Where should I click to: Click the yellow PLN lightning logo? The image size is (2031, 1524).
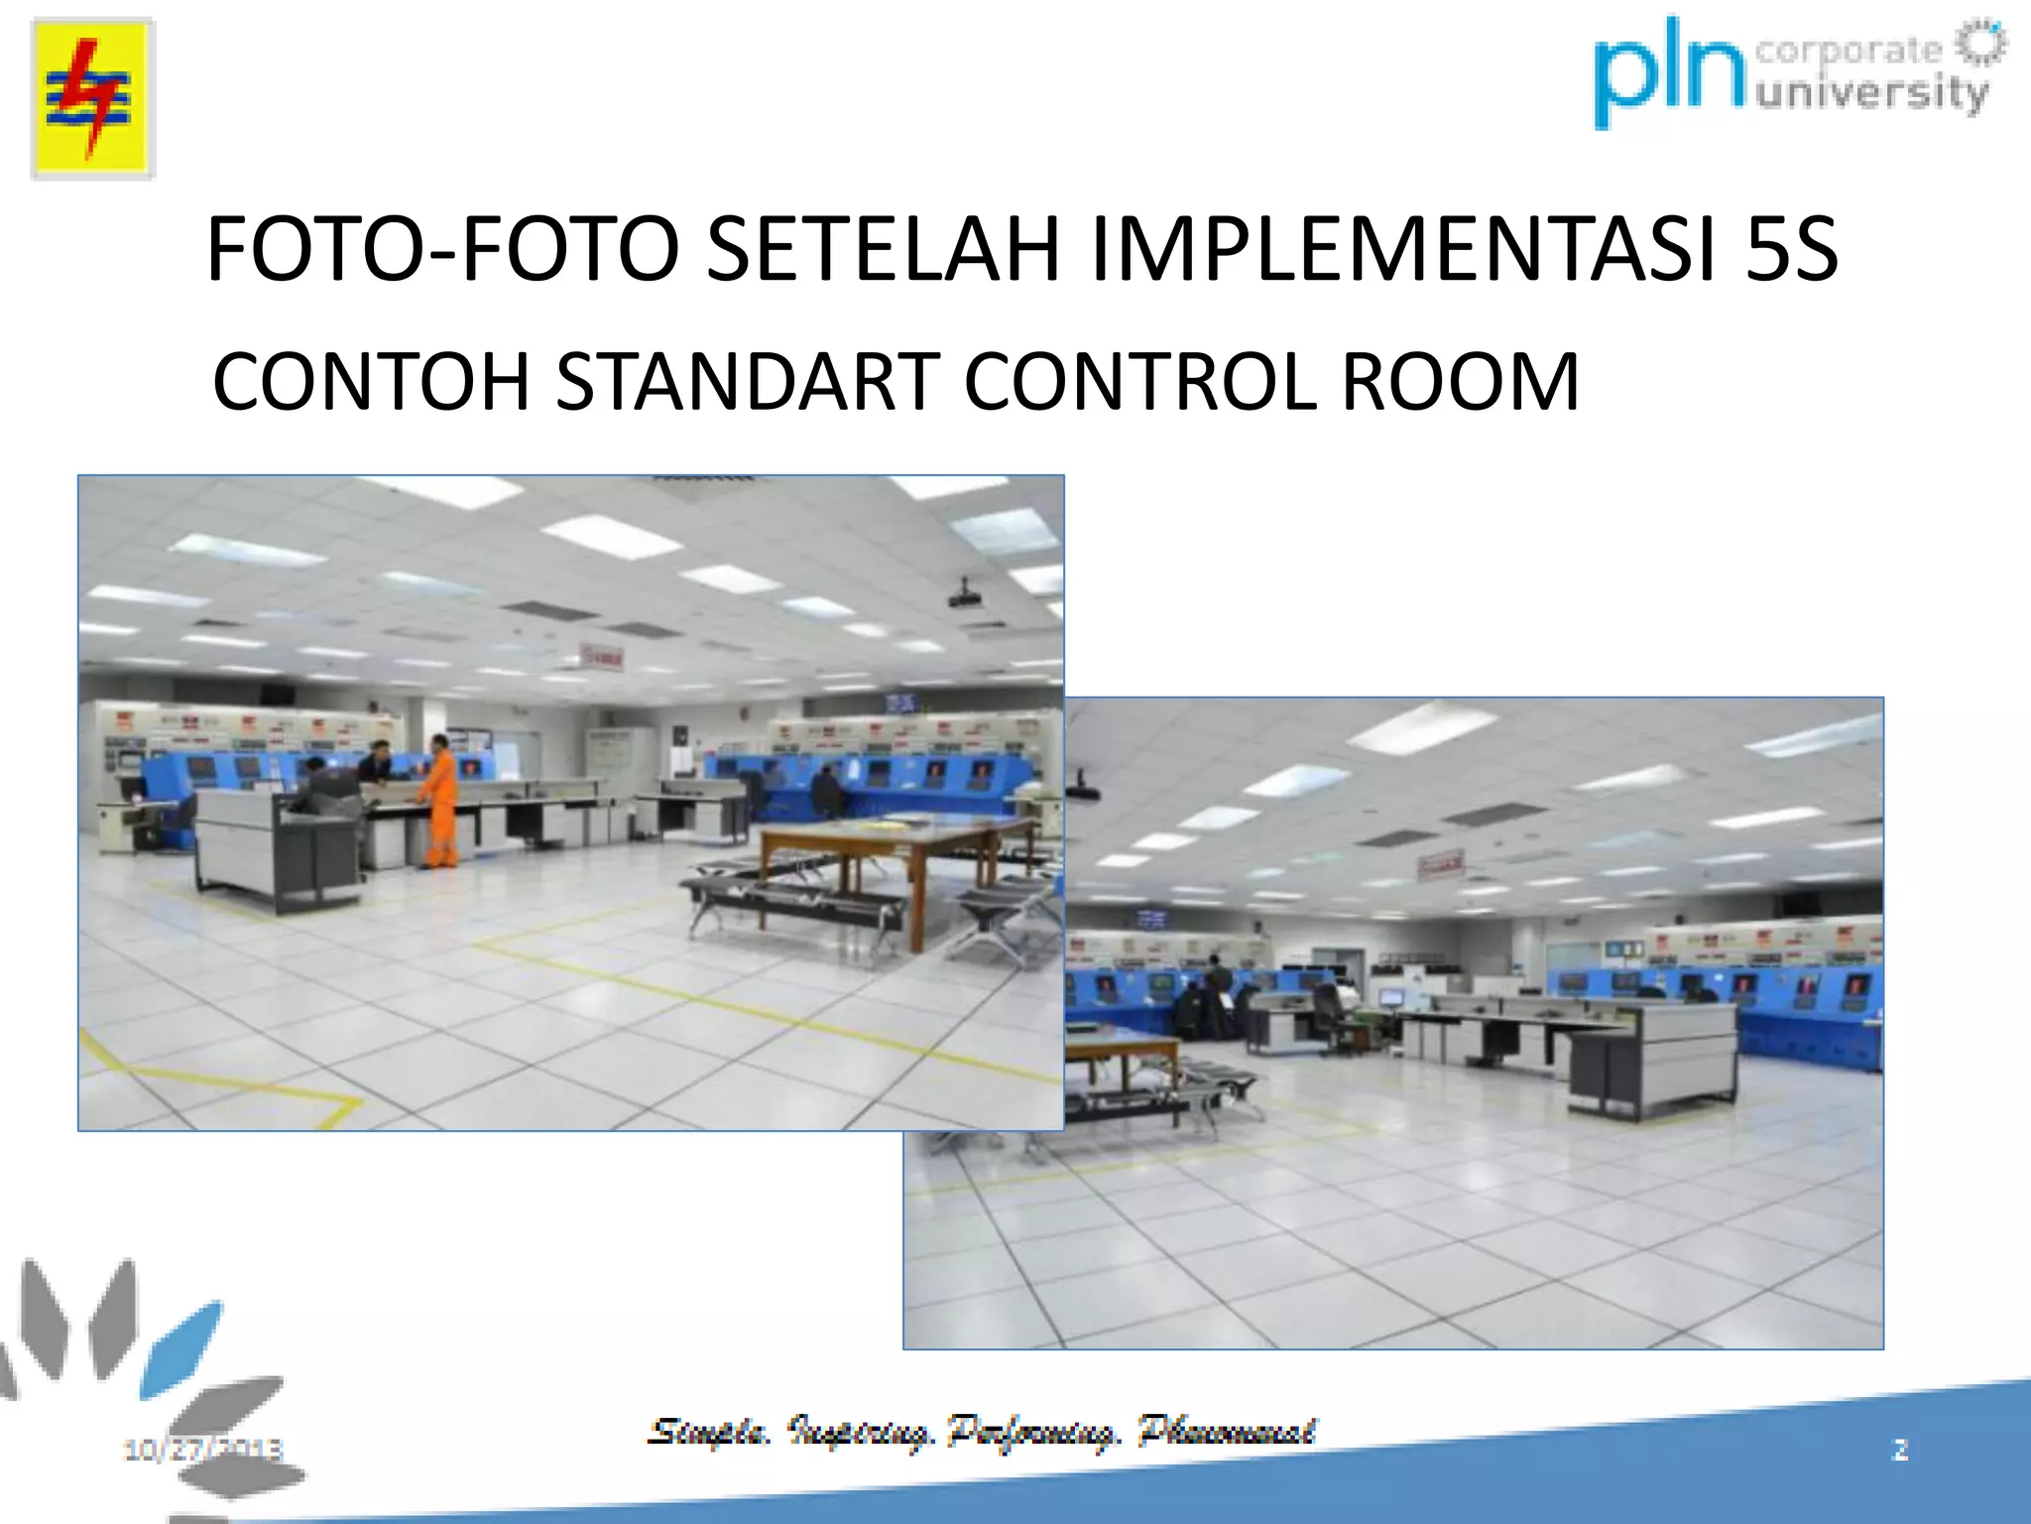(x=92, y=98)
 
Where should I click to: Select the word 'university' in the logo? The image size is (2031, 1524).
(x=1872, y=94)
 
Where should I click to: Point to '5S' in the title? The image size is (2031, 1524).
(x=1791, y=250)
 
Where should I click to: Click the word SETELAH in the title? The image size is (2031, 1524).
(x=883, y=250)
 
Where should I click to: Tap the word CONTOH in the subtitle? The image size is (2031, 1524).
(x=371, y=382)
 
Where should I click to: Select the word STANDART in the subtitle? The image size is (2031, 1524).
(x=747, y=382)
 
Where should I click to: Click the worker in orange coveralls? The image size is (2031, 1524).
(x=438, y=802)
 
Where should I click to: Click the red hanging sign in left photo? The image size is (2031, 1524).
(x=602, y=656)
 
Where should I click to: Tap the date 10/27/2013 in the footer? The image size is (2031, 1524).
(x=203, y=1450)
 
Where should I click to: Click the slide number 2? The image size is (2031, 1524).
(x=1900, y=1450)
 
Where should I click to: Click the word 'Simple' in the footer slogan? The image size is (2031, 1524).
(x=708, y=1432)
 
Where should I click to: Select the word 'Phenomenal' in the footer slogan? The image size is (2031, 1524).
(x=1228, y=1432)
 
